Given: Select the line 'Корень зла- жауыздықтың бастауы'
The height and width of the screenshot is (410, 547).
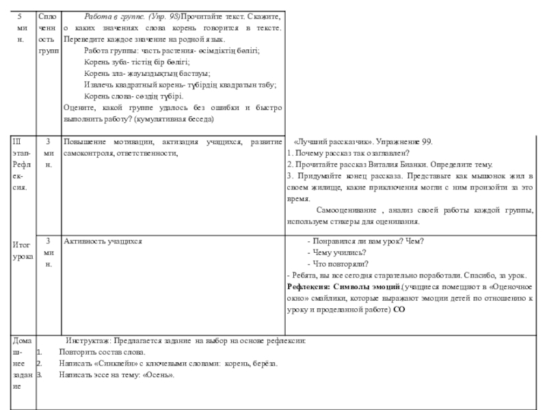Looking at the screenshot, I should tap(146, 73).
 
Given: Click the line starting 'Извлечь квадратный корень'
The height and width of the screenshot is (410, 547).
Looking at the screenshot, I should tap(180, 85).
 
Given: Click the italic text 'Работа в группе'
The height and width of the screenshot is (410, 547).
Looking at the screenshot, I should tap(111, 16).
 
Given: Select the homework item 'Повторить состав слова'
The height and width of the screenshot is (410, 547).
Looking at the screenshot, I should tap(102, 352).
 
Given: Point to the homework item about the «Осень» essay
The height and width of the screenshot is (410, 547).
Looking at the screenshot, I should tap(116, 375).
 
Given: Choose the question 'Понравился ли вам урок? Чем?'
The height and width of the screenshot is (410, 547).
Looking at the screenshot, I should tap(365, 241).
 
